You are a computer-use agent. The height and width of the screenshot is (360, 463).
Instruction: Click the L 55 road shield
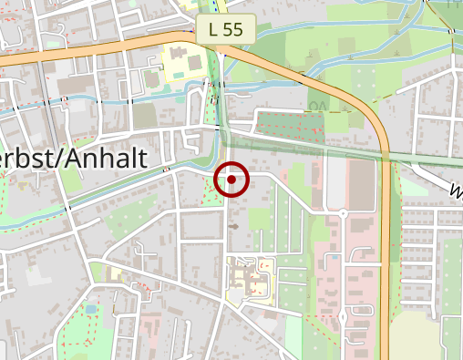point(225,28)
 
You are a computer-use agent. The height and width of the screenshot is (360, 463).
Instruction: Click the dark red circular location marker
point(231,180)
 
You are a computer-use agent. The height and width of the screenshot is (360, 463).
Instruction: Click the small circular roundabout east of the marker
point(343,212)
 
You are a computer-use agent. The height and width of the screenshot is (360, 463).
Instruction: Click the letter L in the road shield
point(213,28)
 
